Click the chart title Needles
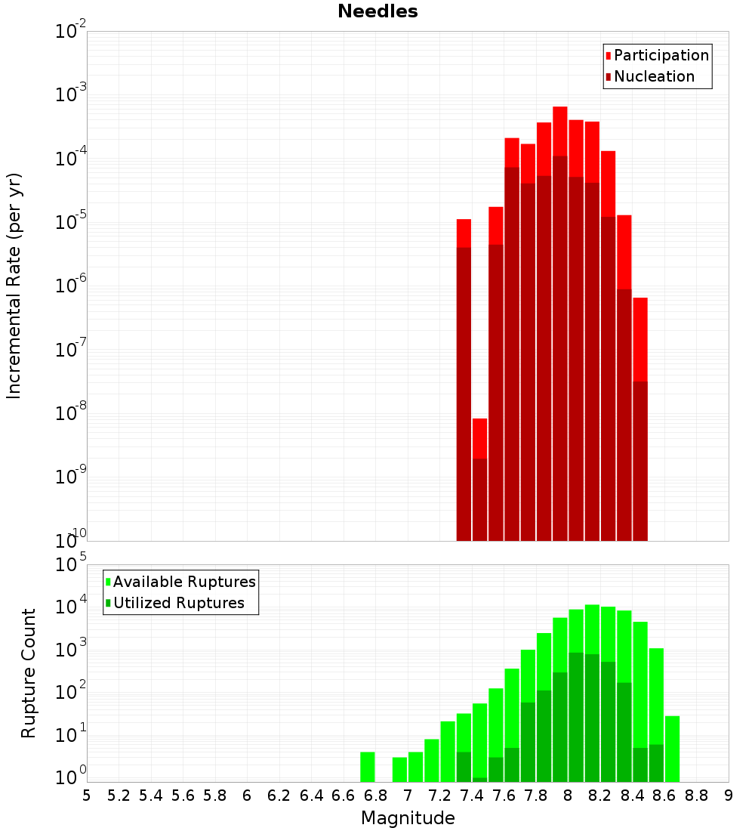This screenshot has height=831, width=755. tap(377, 11)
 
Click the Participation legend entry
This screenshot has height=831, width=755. tap(661, 55)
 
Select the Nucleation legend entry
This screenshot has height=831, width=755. tap(653, 76)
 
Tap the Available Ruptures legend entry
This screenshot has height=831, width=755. tap(184, 582)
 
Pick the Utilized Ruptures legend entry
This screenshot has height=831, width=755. tap(178, 603)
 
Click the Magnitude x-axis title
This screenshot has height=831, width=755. tap(408, 818)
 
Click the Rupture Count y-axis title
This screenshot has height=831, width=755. tap(29, 672)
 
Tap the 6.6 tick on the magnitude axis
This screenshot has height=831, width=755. tap(344, 795)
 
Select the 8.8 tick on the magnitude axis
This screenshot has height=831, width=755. tap(696, 795)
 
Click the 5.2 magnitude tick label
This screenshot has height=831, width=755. tap(119, 795)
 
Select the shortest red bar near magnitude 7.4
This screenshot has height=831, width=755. tap(480, 438)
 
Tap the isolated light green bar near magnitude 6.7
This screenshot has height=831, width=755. tap(368, 767)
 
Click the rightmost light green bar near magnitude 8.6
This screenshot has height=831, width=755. tap(672, 748)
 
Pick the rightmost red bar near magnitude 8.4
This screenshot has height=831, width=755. tap(640, 340)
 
